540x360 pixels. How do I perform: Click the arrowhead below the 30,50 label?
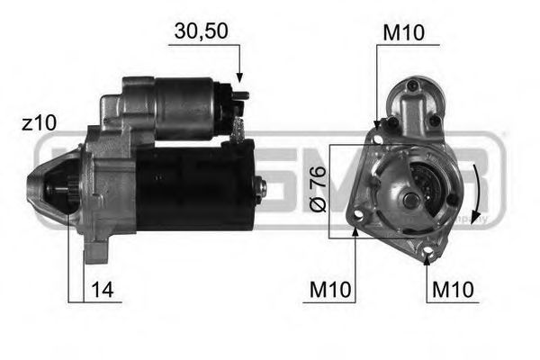point(240,79)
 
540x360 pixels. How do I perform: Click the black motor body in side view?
point(193,184)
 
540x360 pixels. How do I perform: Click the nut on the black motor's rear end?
point(261,187)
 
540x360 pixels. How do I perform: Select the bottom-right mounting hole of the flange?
point(430,254)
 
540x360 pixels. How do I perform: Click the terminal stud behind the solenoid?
point(240,127)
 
